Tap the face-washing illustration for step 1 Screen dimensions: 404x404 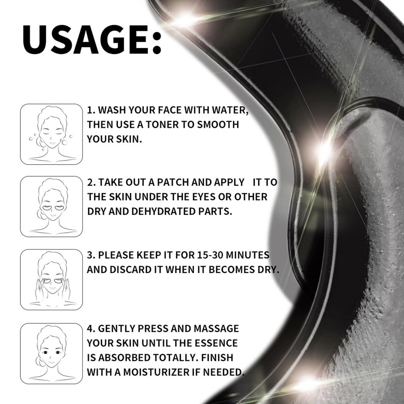51,134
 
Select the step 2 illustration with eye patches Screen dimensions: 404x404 51,207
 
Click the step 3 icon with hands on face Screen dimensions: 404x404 51,280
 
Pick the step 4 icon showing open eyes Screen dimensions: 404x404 51,353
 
